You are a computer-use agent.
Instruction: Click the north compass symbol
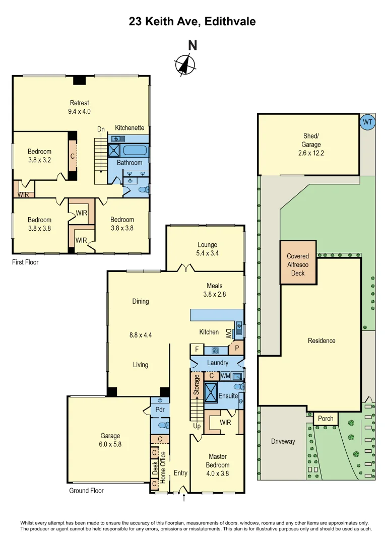click(185, 64)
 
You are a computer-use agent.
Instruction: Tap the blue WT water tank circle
click(368, 122)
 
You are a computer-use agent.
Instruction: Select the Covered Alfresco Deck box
click(298, 264)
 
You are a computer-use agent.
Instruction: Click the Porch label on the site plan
click(326, 419)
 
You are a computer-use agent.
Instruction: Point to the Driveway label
click(283, 441)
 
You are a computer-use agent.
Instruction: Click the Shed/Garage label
click(311, 145)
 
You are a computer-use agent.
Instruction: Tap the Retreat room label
click(79, 107)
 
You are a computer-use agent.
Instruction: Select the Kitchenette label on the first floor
click(130, 128)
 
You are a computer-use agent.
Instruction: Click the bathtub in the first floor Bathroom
click(135, 150)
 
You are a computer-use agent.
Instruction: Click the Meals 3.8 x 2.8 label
click(214, 290)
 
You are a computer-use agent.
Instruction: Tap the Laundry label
click(218, 363)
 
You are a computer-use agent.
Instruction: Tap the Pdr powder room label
click(159, 410)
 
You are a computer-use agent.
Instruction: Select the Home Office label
click(163, 467)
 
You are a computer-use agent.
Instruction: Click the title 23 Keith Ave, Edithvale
click(192, 21)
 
